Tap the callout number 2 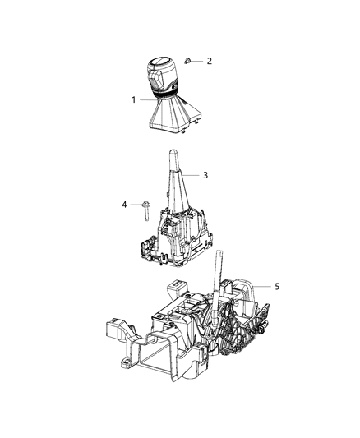tap(208, 61)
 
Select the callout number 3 tap(206, 175)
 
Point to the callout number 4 tap(124, 204)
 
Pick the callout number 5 tap(277, 286)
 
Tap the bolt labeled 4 tap(145, 208)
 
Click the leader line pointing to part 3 tap(193, 176)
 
